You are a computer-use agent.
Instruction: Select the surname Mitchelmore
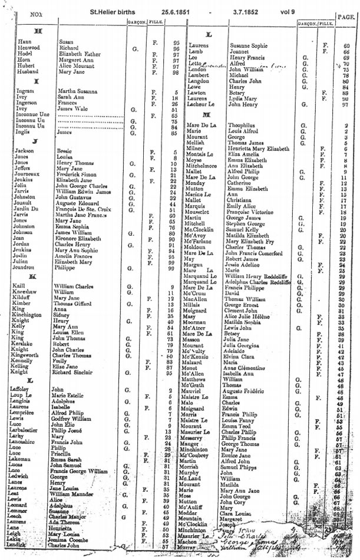coord(206,166)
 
